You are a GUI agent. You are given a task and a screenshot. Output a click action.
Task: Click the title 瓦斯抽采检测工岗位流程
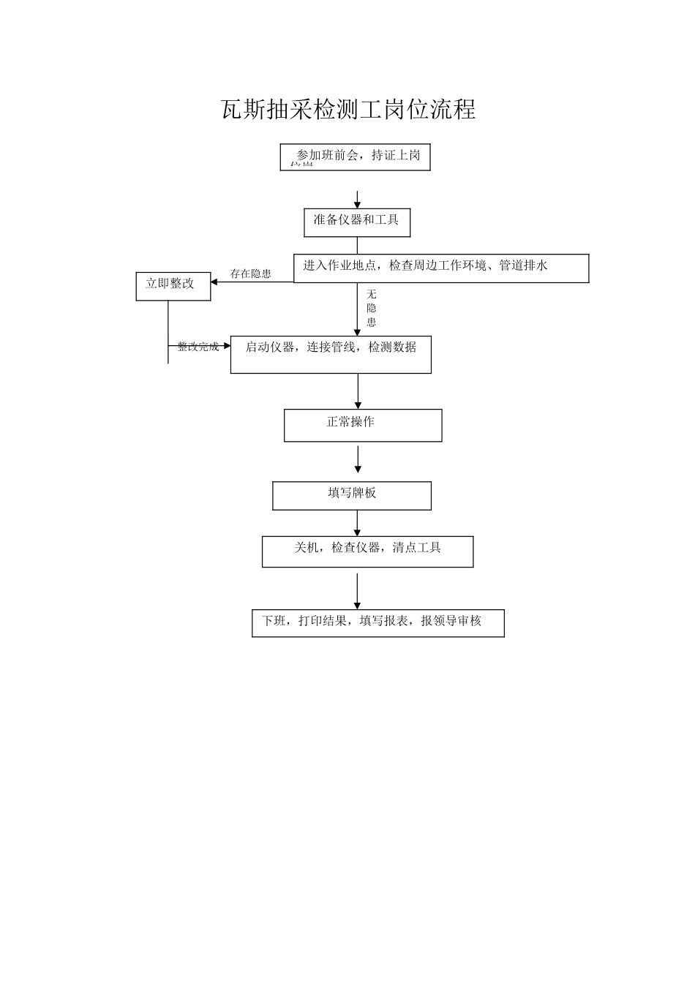click(348, 110)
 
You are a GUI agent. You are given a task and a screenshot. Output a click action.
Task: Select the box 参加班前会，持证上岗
click(355, 157)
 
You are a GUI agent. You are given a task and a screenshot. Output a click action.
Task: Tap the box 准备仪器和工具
click(357, 222)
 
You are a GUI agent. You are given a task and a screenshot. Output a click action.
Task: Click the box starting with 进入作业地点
click(441, 268)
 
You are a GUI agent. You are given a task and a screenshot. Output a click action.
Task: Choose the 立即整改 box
click(173, 286)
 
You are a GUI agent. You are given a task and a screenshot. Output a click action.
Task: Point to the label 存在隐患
click(250, 274)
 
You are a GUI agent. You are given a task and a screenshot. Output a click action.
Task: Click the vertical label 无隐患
click(372, 308)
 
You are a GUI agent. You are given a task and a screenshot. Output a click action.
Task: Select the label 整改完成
click(198, 347)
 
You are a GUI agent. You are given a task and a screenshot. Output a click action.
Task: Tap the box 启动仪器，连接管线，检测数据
click(331, 354)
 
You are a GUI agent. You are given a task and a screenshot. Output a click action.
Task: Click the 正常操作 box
click(363, 425)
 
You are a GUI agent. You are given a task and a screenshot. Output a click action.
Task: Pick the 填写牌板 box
click(352, 495)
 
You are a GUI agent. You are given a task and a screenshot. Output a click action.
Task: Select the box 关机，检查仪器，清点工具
click(367, 551)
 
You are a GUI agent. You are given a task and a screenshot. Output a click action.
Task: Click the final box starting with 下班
click(377, 622)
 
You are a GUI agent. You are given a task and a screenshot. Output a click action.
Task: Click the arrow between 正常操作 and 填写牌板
click(358, 459)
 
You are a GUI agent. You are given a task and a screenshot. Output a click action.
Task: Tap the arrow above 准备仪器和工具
click(358, 200)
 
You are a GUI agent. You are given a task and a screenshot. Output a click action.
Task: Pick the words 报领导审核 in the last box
click(451, 621)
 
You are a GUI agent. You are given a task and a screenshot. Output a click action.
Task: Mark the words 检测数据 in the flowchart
click(392, 347)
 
